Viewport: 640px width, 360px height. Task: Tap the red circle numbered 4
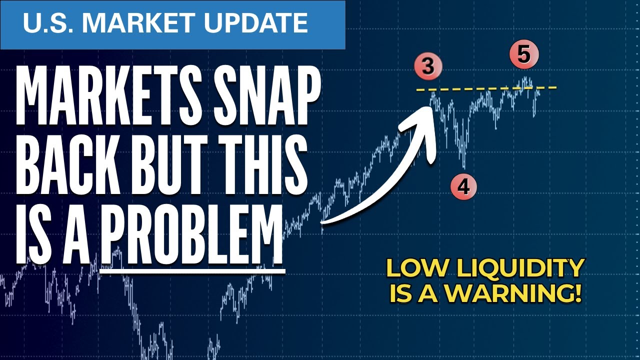(463, 186)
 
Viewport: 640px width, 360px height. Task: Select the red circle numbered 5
(523, 54)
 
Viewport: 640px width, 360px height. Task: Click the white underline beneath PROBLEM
(192, 270)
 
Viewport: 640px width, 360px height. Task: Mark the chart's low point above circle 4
(464, 167)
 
